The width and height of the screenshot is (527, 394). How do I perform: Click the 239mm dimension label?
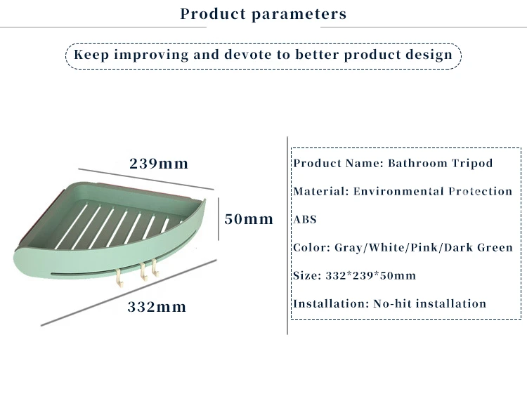click(x=159, y=164)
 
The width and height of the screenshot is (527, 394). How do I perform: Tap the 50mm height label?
click(x=249, y=219)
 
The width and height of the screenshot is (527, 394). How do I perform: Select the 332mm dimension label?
click(x=157, y=307)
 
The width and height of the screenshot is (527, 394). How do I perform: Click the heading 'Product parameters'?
click(x=263, y=14)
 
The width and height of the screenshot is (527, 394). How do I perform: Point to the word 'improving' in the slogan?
click(x=151, y=55)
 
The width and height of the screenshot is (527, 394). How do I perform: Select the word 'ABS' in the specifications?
click(x=305, y=219)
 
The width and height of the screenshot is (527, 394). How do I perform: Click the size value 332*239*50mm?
click(x=371, y=275)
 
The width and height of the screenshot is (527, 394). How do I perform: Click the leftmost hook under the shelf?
click(x=119, y=277)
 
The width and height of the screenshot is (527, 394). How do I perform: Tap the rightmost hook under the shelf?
click(x=155, y=268)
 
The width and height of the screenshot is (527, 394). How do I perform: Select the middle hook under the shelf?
click(x=144, y=271)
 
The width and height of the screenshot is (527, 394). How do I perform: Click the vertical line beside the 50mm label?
click(x=219, y=219)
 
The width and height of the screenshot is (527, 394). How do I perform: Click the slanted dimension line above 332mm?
click(x=129, y=292)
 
